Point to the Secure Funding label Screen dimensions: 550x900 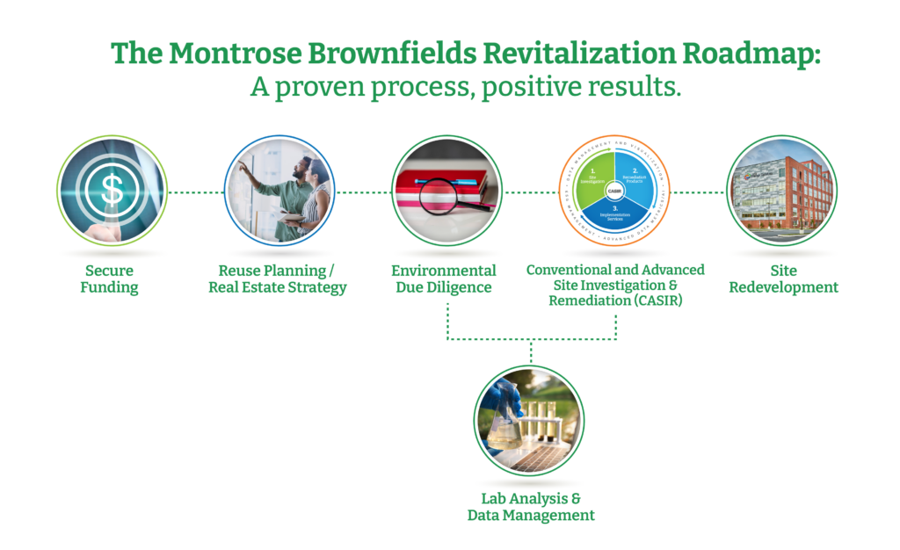point(112,279)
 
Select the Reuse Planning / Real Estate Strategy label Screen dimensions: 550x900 point(278,279)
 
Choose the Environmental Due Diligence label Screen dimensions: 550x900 point(444,279)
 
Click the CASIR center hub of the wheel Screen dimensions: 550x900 point(615,191)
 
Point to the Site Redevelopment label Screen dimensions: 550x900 point(780,279)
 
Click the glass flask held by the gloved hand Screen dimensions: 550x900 point(504,431)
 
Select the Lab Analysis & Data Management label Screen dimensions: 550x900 point(531,506)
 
